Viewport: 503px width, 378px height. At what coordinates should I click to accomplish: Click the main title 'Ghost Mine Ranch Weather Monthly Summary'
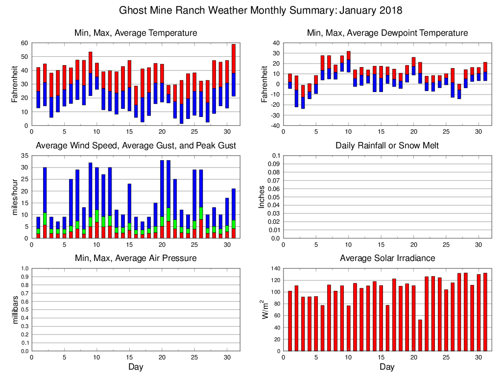[261, 10]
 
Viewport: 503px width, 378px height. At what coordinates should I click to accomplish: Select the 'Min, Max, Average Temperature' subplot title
[136, 33]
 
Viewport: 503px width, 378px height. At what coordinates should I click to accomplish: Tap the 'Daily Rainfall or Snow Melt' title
[387, 146]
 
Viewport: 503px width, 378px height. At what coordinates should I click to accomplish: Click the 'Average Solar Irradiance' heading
[387, 258]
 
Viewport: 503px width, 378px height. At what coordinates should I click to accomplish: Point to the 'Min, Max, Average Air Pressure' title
[136, 258]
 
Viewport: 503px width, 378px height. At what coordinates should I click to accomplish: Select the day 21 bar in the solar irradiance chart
[420, 335]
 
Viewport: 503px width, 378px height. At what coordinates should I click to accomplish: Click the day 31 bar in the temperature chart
[233, 70]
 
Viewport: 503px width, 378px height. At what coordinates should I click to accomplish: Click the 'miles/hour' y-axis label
[15, 197]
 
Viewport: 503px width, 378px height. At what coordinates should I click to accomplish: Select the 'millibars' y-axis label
[15, 310]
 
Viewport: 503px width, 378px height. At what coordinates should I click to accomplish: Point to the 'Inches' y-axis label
[262, 197]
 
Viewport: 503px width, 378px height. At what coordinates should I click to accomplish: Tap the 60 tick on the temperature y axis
[23, 43]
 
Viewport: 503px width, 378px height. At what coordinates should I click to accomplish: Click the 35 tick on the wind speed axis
[23, 156]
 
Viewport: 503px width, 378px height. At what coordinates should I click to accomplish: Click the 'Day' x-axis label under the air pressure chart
[136, 367]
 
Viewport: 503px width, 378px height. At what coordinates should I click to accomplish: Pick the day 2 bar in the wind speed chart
[45, 203]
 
